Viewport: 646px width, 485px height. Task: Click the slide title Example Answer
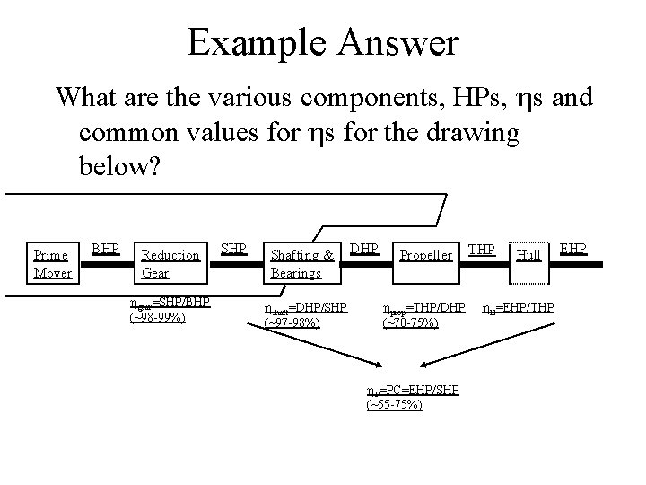click(x=322, y=42)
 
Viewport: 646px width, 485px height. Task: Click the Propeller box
click(x=425, y=255)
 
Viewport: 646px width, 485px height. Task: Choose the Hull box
click(x=529, y=256)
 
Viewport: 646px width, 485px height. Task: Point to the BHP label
click(x=105, y=246)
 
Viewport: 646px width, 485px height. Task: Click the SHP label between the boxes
click(x=233, y=246)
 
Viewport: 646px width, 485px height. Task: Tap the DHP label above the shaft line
click(x=363, y=246)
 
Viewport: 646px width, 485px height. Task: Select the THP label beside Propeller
click(x=482, y=246)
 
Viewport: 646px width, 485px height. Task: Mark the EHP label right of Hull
click(x=573, y=246)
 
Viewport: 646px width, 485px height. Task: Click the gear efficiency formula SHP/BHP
click(x=170, y=303)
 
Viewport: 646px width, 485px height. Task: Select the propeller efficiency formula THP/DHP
click(x=424, y=308)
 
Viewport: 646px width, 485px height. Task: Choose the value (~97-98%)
click(x=292, y=322)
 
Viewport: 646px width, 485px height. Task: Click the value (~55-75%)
click(x=395, y=405)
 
